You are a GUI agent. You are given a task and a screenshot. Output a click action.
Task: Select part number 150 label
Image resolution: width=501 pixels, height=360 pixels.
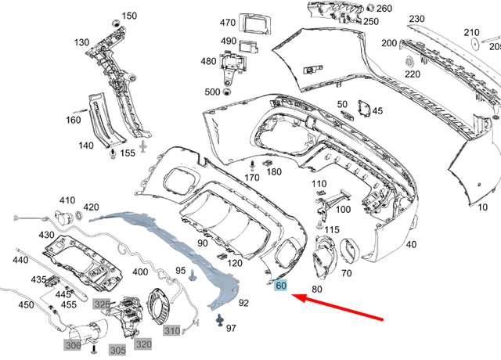[129, 16]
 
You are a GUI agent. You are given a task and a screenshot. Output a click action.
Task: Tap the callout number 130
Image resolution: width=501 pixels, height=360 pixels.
[81, 42]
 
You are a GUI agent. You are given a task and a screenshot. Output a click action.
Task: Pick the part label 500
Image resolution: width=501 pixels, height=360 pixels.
[212, 92]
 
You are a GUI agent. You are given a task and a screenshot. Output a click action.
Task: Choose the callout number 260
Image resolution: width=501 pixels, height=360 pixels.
[384, 9]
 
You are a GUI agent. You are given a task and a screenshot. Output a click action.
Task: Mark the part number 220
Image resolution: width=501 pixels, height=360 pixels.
[412, 74]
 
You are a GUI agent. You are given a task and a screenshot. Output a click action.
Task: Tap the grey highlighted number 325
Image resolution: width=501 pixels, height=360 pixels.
[103, 304]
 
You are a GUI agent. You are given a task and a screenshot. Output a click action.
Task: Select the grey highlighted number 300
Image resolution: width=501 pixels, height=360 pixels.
[73, 344]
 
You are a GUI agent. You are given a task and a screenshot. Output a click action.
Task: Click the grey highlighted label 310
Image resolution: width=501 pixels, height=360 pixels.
[171, 330]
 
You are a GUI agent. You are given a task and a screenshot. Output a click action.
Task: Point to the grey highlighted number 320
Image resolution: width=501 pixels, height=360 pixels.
[143, 343]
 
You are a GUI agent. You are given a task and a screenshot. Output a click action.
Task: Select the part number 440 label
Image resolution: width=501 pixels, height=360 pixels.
[20, 260]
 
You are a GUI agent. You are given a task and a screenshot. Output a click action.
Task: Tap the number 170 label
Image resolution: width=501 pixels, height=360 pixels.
[251, 178]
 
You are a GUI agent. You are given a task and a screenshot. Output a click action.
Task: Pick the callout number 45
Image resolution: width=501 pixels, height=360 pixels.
[377, 111]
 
